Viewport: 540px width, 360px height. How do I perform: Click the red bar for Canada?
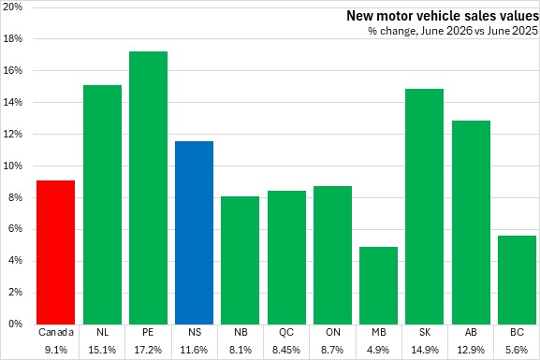(x=56, y=252)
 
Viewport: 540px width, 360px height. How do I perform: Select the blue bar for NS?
(x=195, y=233)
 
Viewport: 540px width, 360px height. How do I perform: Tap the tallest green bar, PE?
(x=149, y=188)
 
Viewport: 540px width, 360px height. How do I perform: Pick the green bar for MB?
(x=378, y=285)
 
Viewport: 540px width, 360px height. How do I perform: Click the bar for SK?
(x=424, y=207)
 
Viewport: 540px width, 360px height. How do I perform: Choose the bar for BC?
(x=517, y=281)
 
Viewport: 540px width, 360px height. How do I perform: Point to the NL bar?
(x=103, y=205)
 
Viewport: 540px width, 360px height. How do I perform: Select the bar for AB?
(x=471, y=223)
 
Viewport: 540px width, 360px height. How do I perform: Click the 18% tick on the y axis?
(x=13, y=39)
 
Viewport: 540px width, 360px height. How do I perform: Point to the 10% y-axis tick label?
(x=13, y=166)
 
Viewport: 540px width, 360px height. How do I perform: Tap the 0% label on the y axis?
(x=15, y=324)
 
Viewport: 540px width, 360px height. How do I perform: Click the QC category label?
(x=286, y=332)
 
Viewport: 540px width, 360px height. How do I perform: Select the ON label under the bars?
(x=332, y=332)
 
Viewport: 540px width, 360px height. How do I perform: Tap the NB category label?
(x=241, y=332)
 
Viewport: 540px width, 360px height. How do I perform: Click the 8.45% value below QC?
(x=286, y=350)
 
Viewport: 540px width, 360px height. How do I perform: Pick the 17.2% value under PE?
(x=148, y=350)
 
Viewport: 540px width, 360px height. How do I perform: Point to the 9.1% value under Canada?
(x=56, y=350)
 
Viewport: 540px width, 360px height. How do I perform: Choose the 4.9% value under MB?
(x=378, y=350)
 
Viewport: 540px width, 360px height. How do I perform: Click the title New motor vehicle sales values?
(x=443, y=16)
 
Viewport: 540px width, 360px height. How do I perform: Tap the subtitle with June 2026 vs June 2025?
(x=453, y=31)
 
